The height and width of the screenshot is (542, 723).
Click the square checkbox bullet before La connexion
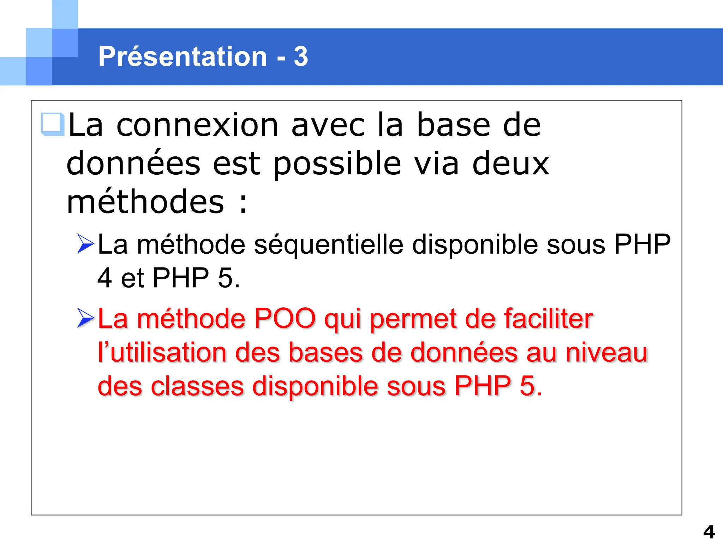pos(52,124)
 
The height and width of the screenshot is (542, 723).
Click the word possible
pos(337,164)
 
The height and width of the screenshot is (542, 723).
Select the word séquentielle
pos(328,245)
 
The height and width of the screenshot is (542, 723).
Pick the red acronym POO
pos(285,319)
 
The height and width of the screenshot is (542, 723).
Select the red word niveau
pos(607,353)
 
